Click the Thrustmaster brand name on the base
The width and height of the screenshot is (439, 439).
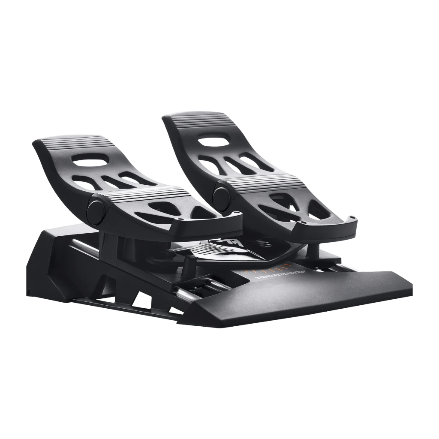(281, 274)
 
